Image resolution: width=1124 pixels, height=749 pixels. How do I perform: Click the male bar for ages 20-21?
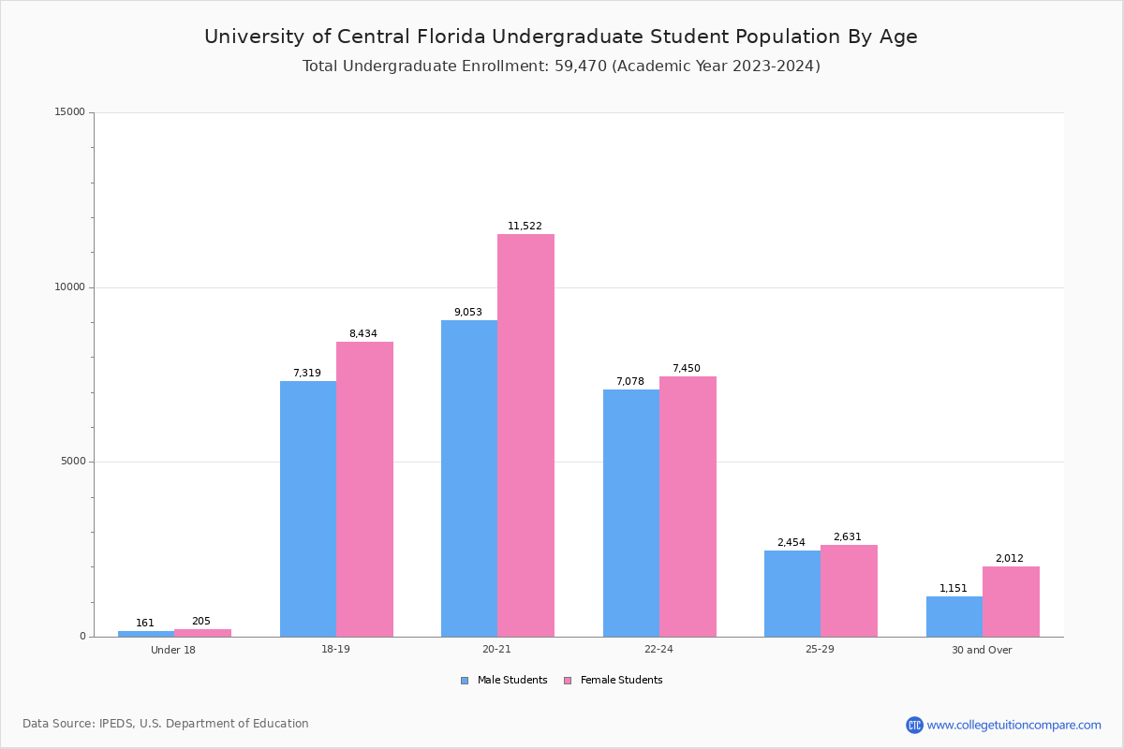click(469, 478)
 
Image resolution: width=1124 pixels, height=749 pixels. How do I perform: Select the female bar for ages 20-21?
click(525, 435)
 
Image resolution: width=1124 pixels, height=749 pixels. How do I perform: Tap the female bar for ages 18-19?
click(364, 489)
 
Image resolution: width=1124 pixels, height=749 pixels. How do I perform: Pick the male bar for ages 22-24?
click(631, 513)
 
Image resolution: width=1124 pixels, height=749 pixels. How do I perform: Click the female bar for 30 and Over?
click(1011, 601)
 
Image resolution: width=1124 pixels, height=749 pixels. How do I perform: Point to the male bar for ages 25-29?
click(792, 594)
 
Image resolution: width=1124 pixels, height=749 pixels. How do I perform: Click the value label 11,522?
click(525, 227)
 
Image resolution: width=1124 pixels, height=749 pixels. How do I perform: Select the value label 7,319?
click(306, 374)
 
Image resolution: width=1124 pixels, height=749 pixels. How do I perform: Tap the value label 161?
click(145, 624)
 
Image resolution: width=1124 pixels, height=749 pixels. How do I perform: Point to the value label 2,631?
click(847, 537)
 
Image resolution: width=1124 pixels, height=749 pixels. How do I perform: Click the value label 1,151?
click(954, 589)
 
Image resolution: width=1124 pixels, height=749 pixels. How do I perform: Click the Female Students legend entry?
click(614, 681)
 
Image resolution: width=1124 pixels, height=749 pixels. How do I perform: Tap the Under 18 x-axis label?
click(173, 651)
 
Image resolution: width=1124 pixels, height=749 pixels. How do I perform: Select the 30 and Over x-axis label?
click(982, 651)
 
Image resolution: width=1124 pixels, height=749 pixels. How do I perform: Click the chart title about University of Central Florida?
click(561, 37)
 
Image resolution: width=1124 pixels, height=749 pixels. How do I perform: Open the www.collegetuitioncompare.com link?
click(1013, 725)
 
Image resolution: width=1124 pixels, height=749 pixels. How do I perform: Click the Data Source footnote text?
click(166, 724)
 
